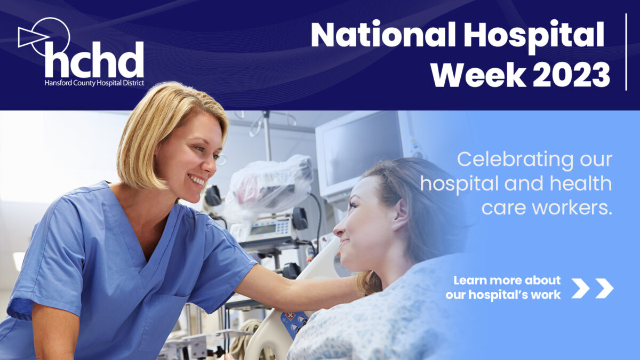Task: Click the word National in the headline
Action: (383, 35)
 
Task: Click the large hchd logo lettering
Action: (94, 60)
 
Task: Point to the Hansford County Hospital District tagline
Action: (94, 83)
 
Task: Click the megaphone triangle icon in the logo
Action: (32, 37)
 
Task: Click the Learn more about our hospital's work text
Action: (503, 287)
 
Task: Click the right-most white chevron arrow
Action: (604, 288)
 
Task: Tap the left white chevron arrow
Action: (580, 288)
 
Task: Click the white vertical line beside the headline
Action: (626, 52)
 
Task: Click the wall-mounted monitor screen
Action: (363, 149)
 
